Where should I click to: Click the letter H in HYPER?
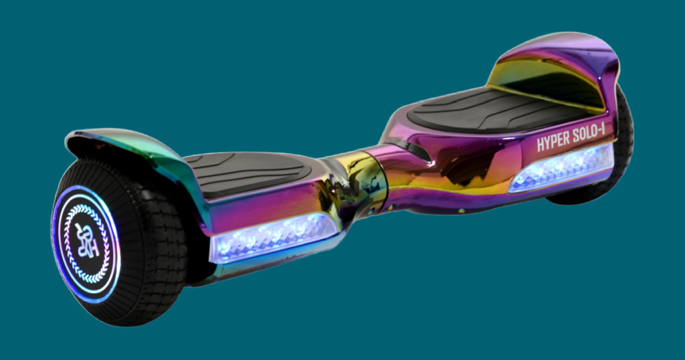[x=541, y=145]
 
